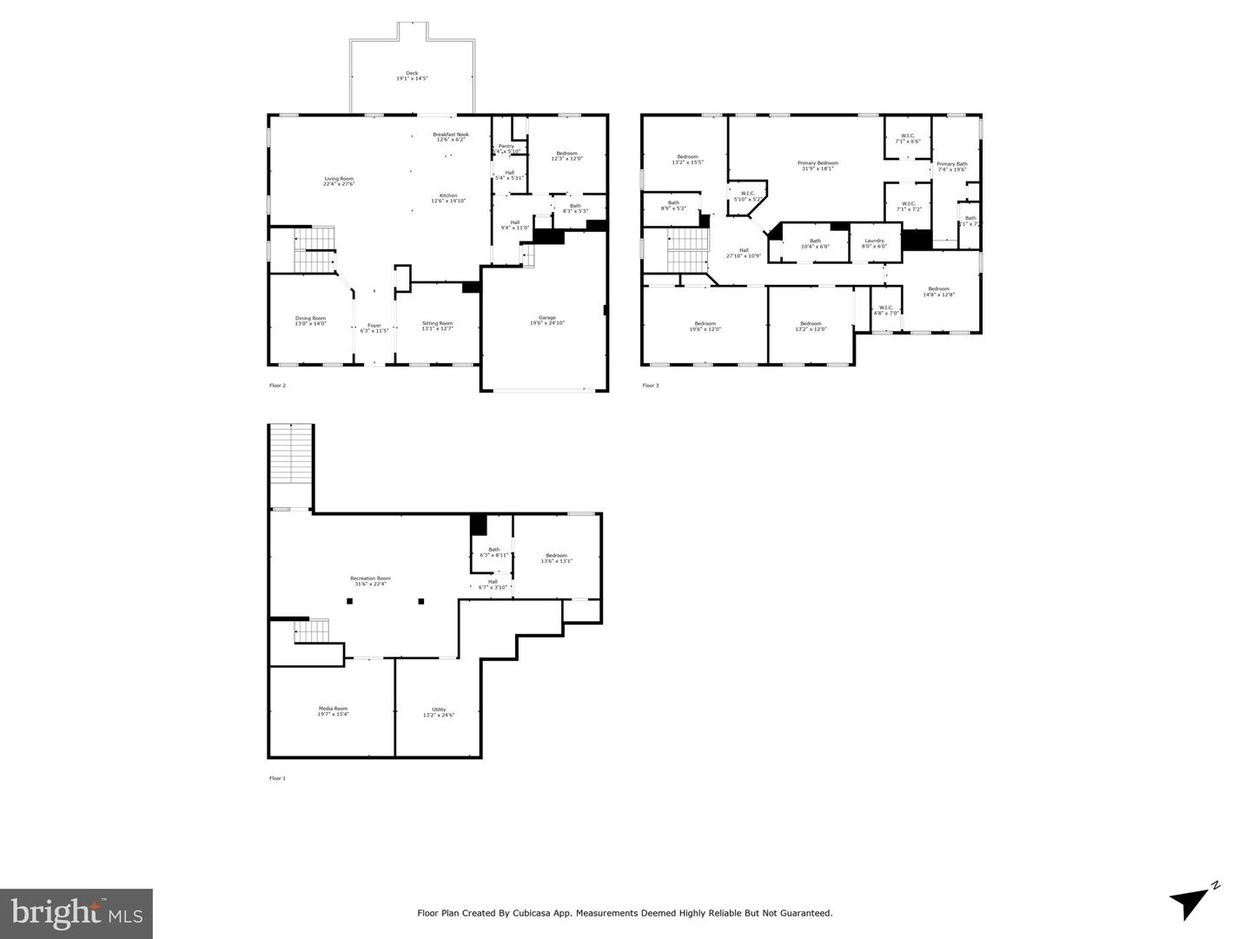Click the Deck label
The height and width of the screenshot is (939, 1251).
412,76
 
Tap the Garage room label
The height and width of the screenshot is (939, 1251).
547,320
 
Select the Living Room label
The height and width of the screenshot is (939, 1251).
339,181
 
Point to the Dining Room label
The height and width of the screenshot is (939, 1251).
310,321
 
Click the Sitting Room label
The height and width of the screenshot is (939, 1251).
437,326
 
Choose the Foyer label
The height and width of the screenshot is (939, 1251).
374,327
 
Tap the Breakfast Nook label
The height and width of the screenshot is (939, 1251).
451,136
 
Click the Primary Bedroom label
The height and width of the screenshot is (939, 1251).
817,165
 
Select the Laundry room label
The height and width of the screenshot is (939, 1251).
874,242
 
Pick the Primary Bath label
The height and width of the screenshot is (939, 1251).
951,166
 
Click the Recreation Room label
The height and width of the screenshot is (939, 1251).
370,580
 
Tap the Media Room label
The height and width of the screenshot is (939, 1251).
333,711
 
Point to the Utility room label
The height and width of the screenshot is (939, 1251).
439,711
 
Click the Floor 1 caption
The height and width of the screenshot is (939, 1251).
277,778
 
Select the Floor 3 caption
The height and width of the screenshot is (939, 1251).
651,386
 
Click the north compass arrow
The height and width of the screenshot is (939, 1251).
1190,900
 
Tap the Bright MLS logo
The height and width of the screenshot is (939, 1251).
76,913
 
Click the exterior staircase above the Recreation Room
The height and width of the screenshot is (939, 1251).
290,466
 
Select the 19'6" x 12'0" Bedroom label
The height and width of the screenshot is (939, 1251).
705,326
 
